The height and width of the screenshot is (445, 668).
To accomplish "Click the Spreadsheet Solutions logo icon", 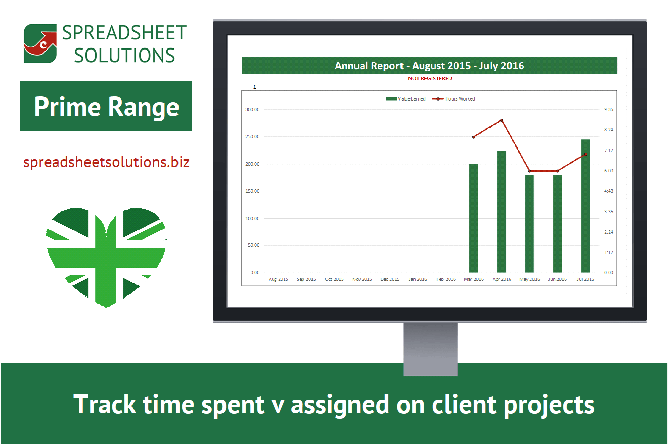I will [x=40, y=43].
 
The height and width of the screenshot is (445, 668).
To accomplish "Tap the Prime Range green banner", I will [x=106, y=106].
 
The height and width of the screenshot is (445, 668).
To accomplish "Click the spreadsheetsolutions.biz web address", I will [x=106, y=162].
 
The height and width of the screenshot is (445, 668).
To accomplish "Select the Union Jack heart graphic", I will [x=106, y=255].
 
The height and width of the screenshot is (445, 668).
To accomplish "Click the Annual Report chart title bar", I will [x=429, y=66].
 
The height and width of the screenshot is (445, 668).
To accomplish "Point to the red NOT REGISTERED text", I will [x=429, y=79].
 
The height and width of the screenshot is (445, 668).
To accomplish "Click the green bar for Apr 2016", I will [x=502, y=212].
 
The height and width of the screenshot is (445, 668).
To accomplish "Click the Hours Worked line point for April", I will [x=502, y=120].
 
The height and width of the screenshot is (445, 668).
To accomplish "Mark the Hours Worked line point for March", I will [x=473, y=137].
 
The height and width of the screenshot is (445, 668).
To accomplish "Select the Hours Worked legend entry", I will [x=455, y=99].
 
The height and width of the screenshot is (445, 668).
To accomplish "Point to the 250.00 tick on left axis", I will [x=252, y=137].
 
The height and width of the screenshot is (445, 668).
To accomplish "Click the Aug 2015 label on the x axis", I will [x=278, y=279].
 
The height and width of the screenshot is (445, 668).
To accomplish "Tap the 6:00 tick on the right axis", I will [x=608, y=171].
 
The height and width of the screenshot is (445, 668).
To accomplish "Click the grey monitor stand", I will [x=430, y=349].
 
